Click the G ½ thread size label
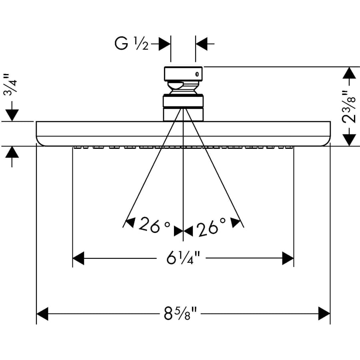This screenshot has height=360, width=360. (x=132, y=44)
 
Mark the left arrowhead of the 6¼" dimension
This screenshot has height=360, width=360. (x=78, y=258)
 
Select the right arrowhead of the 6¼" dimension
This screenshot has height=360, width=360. (x=288, y=258)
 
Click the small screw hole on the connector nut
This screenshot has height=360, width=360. (x=197, y=74)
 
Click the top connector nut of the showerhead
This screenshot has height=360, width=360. (x=184, y=74)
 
